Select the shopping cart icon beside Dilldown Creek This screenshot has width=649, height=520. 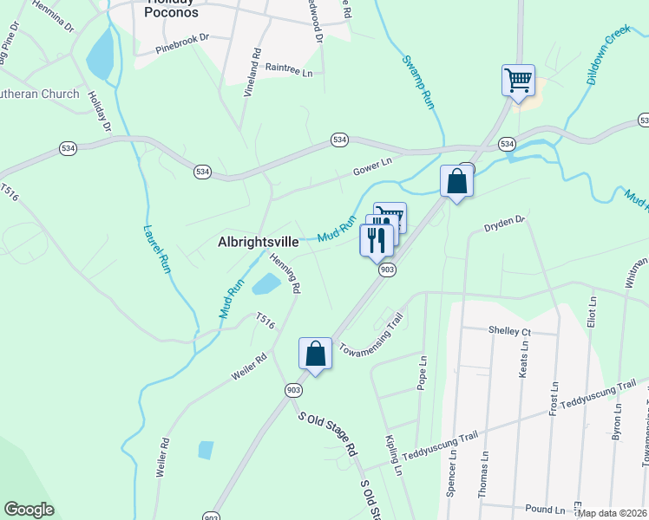point(518,81)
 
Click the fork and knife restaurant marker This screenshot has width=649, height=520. point(376,239)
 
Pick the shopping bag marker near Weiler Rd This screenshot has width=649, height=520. point(315,354)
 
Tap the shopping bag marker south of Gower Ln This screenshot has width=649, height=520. point(456,182)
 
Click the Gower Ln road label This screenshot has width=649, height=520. point(372,162)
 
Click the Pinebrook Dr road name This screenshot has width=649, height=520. point(183,39)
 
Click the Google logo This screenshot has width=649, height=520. point(29,510)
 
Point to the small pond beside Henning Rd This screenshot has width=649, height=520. point(266,283)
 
